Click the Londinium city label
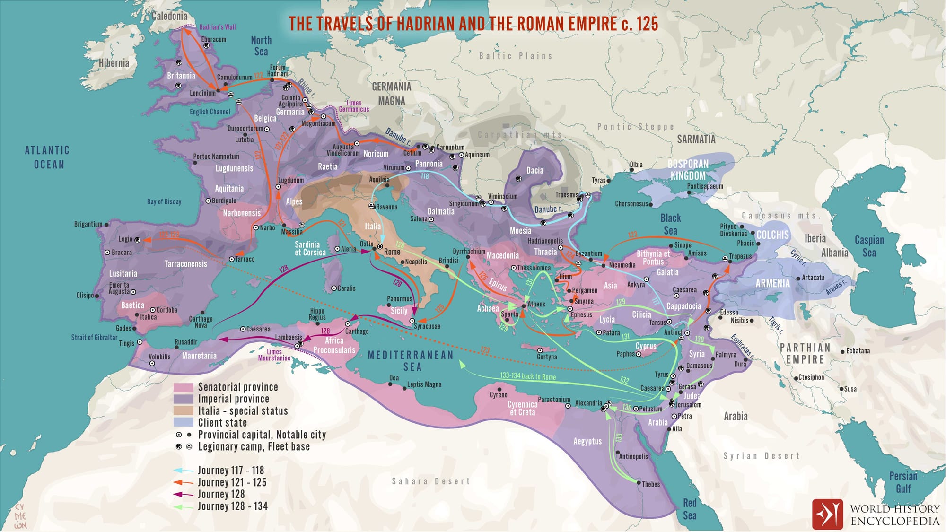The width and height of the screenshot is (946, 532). [x=202, y=93]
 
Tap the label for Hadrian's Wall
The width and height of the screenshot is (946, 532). [x=217, y=27]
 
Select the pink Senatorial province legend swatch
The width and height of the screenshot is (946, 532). [x=183, y=387]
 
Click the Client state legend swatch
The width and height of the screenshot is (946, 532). [x=183, y=422]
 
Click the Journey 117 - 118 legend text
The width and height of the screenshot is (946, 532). [x=230, y=471]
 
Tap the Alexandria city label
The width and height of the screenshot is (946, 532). [x=588, y=403]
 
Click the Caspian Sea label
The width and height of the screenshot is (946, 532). [x=869, y=246]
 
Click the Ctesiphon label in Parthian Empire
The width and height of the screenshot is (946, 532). [x=811, y=377]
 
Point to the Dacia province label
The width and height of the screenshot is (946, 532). [x=534, y=171]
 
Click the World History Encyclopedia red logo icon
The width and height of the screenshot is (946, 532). [x=827, y=514]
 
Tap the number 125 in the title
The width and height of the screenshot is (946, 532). [x=647, y=24]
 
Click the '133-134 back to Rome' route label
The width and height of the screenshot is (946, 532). [x=527, y=376]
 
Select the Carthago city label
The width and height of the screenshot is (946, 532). [x=357, y=331]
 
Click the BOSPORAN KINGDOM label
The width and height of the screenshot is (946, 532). [x=688, y=170]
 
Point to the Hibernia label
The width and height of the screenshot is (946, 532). [x=114, y=63]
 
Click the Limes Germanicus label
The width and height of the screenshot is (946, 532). [x=354, y=106]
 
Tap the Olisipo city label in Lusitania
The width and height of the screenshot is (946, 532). [x=85, y=296]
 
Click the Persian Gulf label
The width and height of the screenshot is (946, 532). [x=902, y=482]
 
